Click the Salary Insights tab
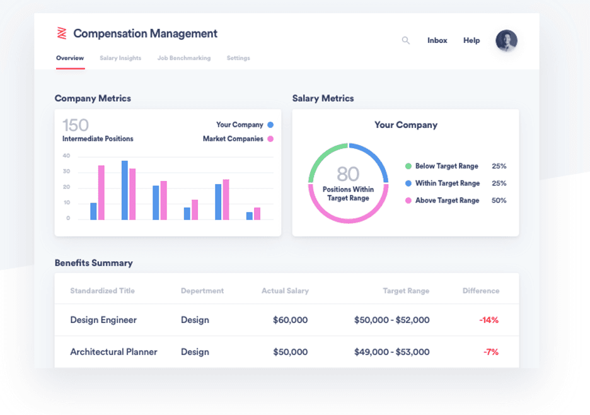(x=120, y=58)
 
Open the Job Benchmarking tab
(x=184, y=58)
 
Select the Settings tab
(x=238, y=58)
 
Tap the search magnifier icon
(x=406, y=40)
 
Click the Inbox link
(x=437, y=40)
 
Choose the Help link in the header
(x=471, y=40)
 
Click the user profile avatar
(x=506, y=40)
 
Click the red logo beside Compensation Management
(x=62, y=33)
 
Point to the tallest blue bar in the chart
(x=125, y=190)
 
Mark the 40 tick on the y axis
(x=66, y=156)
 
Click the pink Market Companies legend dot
(x=270, y=139)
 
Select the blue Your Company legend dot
(x=270, y=125)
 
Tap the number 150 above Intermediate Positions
(x=76, y=125)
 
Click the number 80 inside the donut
(x=348, y=173)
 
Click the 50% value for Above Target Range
(x=499, y=201)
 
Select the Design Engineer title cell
(x=103, y=320)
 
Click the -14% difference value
(x=489, y=320)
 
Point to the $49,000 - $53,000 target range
(x=391, y=352)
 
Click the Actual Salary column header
(x=285, y=291)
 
